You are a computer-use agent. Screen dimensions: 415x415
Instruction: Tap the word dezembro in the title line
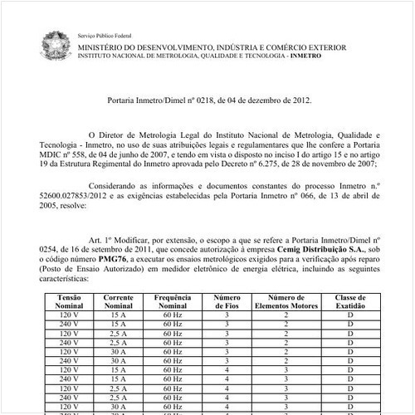(254, 100)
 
